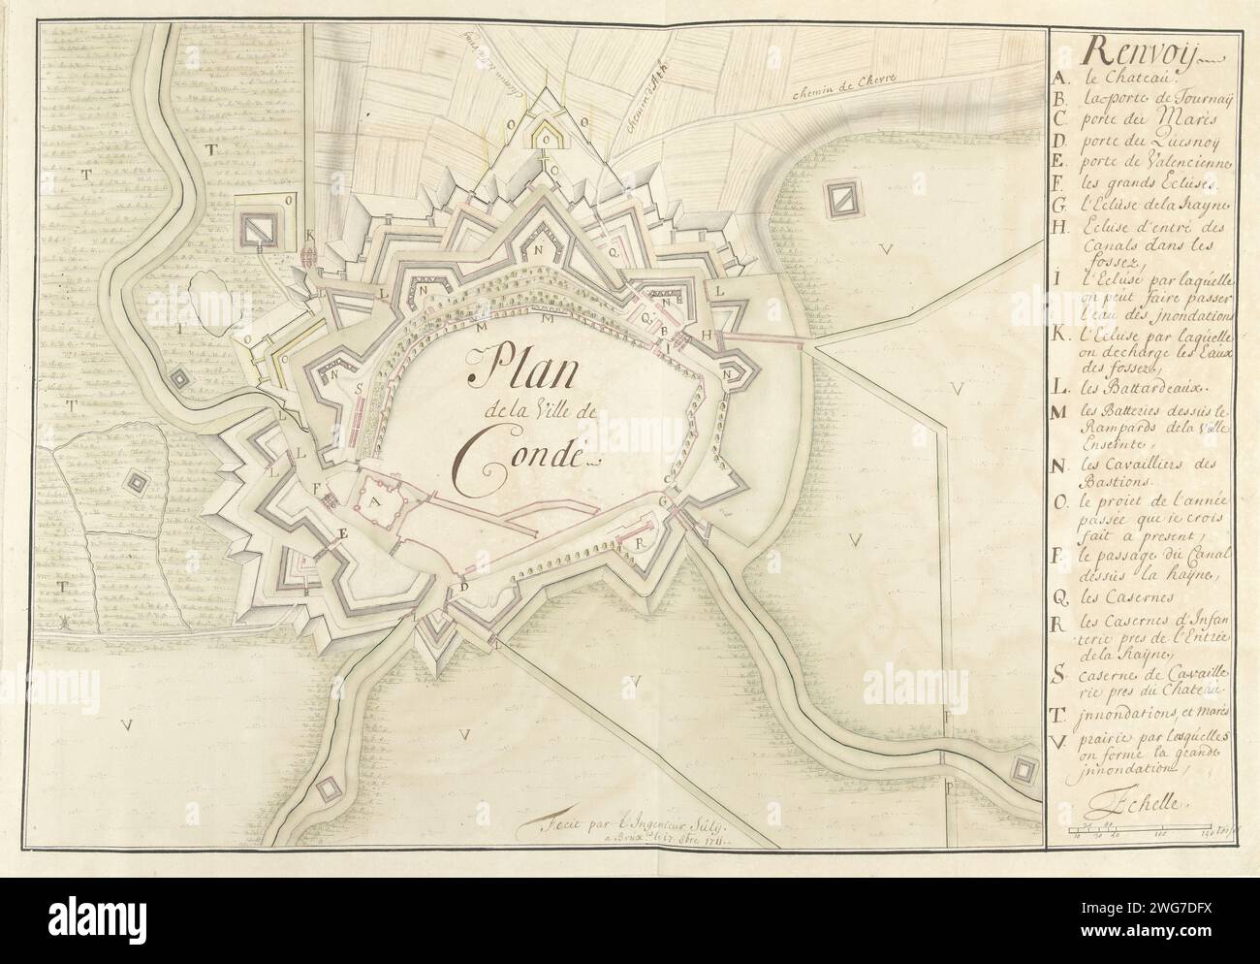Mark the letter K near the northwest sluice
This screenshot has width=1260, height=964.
pos(310,236)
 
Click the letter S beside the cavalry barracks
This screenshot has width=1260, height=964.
pos(359,386)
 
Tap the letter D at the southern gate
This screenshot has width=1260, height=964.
pos(465,585)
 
